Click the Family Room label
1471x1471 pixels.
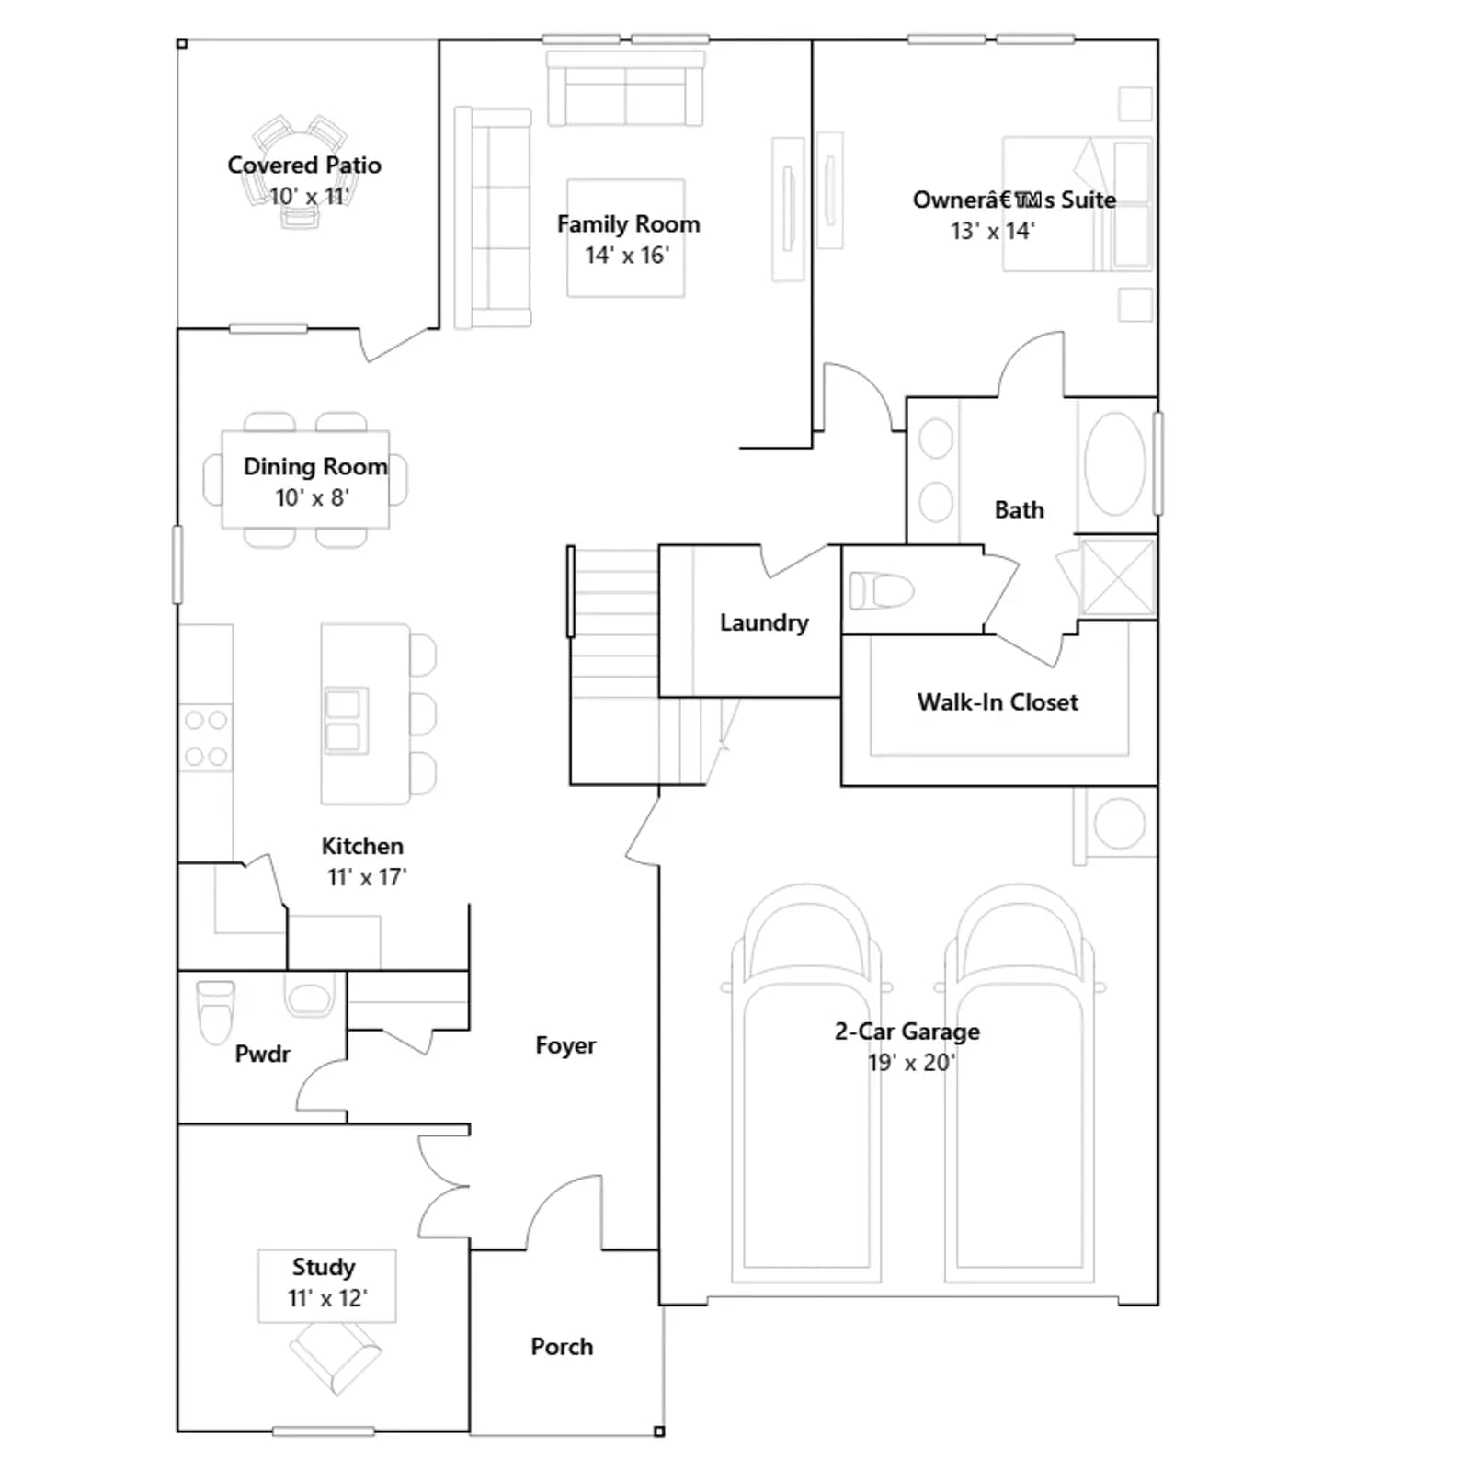pos(628,224)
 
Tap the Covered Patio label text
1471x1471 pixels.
pos(304,165)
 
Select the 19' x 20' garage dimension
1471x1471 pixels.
pos(911,1063)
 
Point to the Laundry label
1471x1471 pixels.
pos(764,622)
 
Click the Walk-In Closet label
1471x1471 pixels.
pos(998,702)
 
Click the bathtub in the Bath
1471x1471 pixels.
pos(1115,463)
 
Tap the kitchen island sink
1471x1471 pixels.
pos(346,721)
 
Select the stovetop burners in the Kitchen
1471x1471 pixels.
pos(206,738)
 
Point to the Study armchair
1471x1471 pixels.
pos(335,1357)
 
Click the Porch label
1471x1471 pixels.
pos(562,1347)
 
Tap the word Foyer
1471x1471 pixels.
pos(565,1045)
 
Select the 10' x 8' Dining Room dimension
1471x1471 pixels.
pos(313,497)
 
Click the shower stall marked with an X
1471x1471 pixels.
pos(1117,576)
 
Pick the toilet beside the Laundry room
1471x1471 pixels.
pos(881,590)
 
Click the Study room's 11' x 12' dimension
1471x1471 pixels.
pos(326,1298)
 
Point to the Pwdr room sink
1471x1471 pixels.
pos(309,996)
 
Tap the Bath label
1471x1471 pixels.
pos(1020,510)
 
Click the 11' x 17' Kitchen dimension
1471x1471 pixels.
pos(367,877)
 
